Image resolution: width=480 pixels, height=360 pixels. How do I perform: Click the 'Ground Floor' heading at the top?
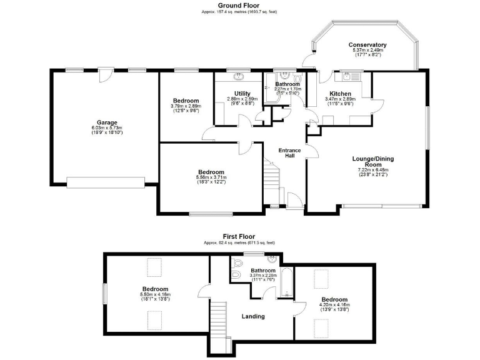click(x=238, y=5)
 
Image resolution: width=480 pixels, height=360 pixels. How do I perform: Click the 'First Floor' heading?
click(x=238, y=237)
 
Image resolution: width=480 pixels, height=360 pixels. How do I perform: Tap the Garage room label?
click(x=107, y=122)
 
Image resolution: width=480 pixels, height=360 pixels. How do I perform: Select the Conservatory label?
click(x=367, y=45)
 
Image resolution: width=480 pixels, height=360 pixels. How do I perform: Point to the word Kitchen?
click(x=341, y=93)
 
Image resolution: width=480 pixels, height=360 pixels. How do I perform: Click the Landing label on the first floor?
click(x=253, y=316)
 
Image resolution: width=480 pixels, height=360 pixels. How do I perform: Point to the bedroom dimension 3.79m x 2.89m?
click(x=186, y=106)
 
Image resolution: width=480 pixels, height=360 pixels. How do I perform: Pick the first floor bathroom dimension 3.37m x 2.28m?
click(x=263, y=276)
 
